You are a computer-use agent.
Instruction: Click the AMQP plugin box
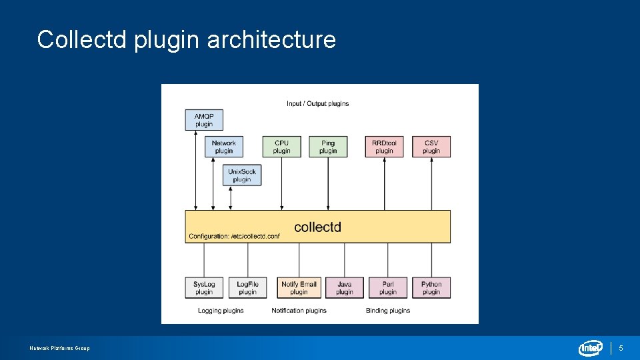click(204, 120)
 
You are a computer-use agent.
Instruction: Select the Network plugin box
click(224, 147)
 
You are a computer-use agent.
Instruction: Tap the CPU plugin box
click(282, 147)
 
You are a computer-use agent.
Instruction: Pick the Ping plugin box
click(328, 147)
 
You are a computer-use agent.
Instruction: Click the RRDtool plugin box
click(385, 147)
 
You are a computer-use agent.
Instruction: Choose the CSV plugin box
click(431, 147)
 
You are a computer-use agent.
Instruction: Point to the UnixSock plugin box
click(242, 175)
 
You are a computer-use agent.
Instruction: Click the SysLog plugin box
click(204, 288)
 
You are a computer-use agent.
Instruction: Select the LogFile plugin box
click(247, 288)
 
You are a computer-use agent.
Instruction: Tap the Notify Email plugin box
click(299, 288)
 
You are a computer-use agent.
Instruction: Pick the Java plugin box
click(345, 288)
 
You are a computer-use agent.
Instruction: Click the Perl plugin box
click(388, 288)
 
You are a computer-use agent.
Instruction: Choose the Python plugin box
click(431, 288)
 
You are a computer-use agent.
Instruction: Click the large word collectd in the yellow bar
click(317, 227)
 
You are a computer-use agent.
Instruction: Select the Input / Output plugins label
click(318, 103)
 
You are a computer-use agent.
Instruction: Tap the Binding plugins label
click(388, 311)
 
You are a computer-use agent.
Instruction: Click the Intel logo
click(591, 348)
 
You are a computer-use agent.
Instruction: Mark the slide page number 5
click(621, 348)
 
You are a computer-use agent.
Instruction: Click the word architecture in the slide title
click(271, 40)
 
